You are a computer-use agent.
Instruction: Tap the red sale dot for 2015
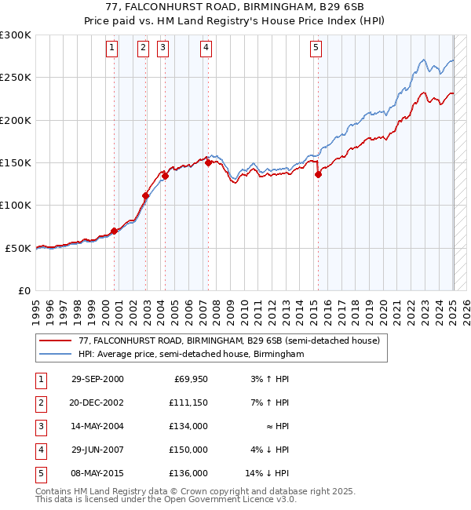[318, 175]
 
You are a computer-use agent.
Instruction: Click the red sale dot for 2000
[115, 231]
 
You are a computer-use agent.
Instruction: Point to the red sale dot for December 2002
[146, 195]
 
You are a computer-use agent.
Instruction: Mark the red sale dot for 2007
[208, 162]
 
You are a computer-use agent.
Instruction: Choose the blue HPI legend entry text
[191, 354]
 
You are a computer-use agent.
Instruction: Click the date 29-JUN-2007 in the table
[97, 450]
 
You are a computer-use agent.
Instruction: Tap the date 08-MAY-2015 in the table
[97, 473]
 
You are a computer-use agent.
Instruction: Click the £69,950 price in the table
[188, 379]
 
